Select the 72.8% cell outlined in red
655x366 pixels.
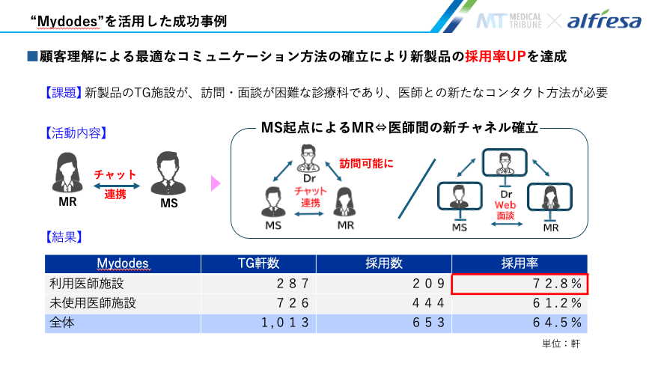520,284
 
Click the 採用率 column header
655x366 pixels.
520,263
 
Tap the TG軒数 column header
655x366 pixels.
249,263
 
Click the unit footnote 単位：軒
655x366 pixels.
560,344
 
